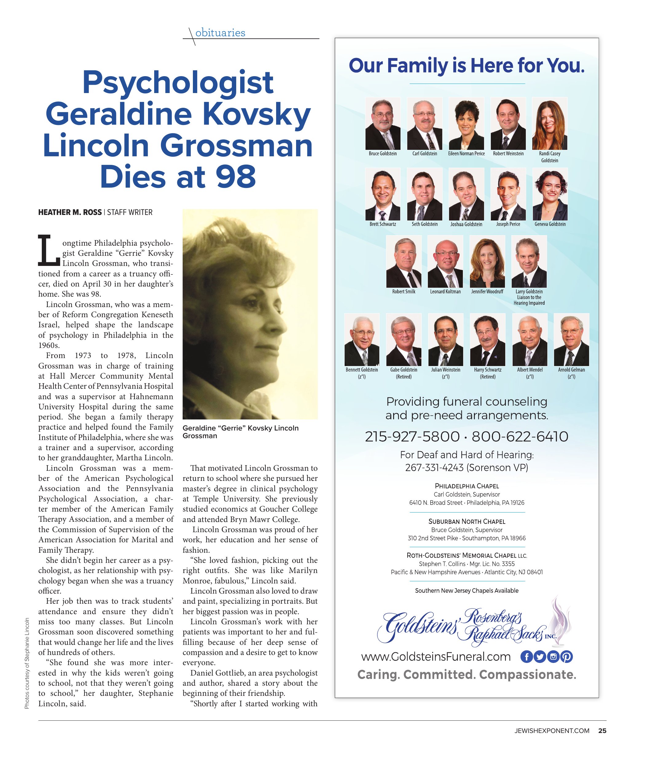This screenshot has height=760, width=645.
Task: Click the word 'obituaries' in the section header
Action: (x=220, y=33)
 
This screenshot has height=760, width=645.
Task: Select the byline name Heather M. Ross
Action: (x=70, y=212)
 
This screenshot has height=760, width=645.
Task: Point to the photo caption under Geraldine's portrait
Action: (x=240, y=432)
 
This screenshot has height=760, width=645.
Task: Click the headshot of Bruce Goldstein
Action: (x=382, y=123)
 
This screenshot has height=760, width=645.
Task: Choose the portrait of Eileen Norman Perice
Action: (x=466, y=123)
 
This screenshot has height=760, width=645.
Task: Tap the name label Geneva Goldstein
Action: (x=549, y=224)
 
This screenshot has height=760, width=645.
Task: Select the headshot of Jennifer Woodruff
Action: (x=487, y=261)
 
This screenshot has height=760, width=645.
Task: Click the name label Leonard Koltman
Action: (x=445, y=292)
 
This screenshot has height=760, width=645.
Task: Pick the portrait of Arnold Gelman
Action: (x=571, y=340)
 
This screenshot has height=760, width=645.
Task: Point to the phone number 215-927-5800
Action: (x=412, y=436)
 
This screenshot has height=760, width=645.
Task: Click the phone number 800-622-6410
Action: (x=520, y=436)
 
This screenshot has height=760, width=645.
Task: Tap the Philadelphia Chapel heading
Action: (x=467, y=486)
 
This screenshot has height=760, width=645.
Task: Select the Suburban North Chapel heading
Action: (x=467, y=521)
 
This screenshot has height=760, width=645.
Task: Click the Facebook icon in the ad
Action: (x=526, y=657)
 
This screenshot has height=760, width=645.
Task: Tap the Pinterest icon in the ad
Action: (x=566, y=657)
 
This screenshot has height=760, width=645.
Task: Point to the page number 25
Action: (x=602, y=731)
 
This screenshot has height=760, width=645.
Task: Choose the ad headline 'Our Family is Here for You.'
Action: (x=467, y=66)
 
